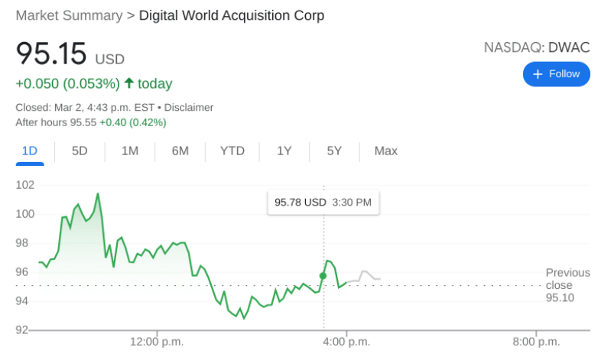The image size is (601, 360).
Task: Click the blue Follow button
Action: pyautogui.click(x=556, y=74)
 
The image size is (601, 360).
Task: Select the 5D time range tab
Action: pyautogui.click(x=80, y=151)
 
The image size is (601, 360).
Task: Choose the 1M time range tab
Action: pyautogui.click(x=130, y=151)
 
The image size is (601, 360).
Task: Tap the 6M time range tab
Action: pyautogui.click(x=180, y=151)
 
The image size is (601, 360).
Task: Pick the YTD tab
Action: pyautogui.click(x=232, y=151)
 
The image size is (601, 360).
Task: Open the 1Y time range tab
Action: pyautogui.click(x=284, y=151)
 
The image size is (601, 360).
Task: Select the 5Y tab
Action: pyautogui.click(x=334, y=151)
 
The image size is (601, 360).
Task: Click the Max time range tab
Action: pyautogui.click(x=385, y=151)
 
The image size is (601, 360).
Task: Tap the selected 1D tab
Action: pyautogui.click(x=30, y=151)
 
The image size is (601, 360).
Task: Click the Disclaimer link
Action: pyautogui.click(x=189, y=108)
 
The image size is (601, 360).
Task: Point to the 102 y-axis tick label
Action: pyautogui.click(x=25, y=185)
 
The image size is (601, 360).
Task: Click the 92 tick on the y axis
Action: pyautogui.click(x=22, y=330)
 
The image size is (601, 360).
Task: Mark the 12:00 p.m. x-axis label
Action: pyautogui.click(x=157, y=342)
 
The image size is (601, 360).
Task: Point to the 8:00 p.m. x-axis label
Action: pyautogui.click(x=536, y=342)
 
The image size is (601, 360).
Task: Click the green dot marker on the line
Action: pyautogui.click(x=323, y=275)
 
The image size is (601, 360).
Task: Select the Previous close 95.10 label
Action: pyautogui.click(x=567, y=284)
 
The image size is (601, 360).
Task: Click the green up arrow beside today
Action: pyautogui.click(x=128, y=83)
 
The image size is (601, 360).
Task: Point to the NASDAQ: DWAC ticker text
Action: pyautogui.click(x=537, y=47)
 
